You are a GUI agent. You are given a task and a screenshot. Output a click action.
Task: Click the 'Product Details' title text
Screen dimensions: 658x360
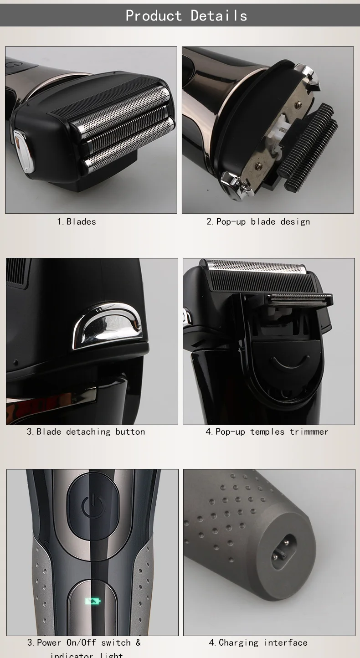[x=186, y=15]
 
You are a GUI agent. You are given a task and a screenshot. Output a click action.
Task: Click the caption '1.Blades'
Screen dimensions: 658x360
[x=77, y=221]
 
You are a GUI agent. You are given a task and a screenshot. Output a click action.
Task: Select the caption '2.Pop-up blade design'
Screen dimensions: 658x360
[x=258, y=221]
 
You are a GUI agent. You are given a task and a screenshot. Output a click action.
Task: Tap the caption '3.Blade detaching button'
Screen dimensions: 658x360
[x=86, y=432]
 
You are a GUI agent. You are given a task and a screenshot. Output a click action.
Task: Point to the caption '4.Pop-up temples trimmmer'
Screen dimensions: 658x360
[x=267, y=432]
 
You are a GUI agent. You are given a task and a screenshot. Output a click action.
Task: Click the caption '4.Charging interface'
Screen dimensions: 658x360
[x=258, y=643]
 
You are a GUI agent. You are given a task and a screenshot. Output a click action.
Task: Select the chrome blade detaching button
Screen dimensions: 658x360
[x=108, y=324]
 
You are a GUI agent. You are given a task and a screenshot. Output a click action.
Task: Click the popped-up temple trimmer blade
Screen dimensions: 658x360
[x=299, y=299]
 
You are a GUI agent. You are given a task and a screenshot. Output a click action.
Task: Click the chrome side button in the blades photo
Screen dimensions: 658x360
[x=24, y=150]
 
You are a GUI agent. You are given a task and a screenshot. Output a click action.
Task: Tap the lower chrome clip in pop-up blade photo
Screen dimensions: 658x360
[x=235, y=184]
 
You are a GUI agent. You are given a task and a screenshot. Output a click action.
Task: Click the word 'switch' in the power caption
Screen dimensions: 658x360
[x=116, y=643]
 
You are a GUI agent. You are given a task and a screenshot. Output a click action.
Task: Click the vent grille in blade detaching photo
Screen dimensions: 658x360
[x=17, y=272]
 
